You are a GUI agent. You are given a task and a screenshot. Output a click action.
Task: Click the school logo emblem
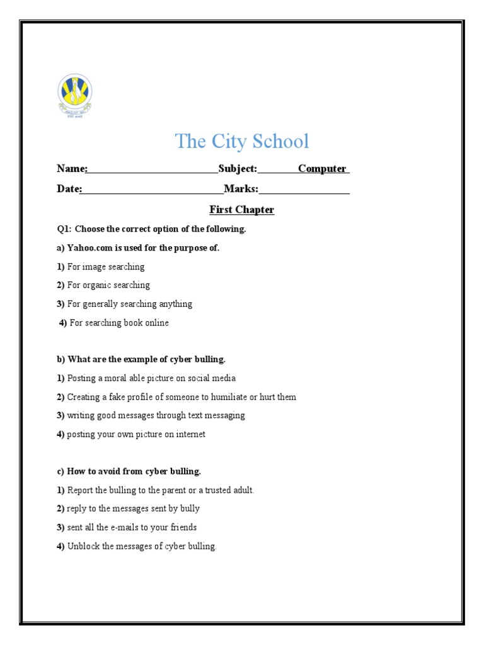(x=75, y=95)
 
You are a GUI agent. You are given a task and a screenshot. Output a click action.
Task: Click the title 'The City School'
(x=242, y=141)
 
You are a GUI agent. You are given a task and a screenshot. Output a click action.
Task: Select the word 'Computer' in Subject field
(x=322, y=169)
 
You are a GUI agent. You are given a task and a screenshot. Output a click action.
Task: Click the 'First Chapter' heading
(x=242, y=210)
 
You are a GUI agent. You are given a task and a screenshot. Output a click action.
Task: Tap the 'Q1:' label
(x=64, y=229)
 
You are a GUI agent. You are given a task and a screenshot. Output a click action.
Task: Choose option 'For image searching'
(x=106, y=266)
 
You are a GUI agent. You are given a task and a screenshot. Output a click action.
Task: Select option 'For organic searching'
(x=108, y=285)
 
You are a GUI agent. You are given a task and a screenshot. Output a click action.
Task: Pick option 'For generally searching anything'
(x=130, y=304)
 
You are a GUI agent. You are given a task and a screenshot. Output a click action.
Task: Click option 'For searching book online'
(x=119, y=323)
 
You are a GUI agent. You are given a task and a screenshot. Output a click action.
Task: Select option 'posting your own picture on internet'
(x=136, y=435)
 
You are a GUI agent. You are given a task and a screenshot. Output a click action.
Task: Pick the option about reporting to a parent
(x=161, y=490)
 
